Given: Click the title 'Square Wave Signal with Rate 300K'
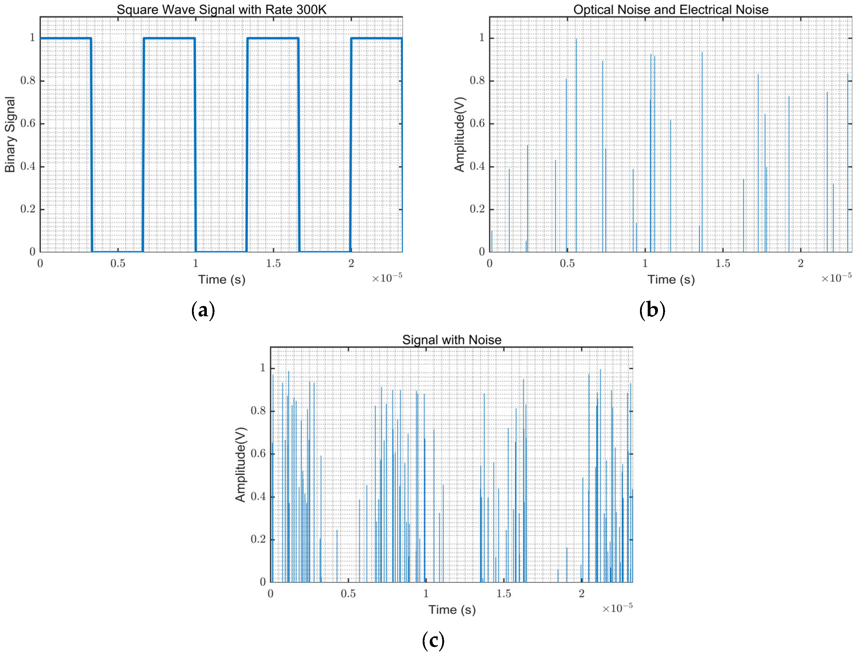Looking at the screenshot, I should pyautogui.click(x=221, y=9).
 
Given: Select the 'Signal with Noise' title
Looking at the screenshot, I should pyautogui.click(x=452, y=339).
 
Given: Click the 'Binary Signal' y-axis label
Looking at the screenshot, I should pyautogui.click(x=10, y=135).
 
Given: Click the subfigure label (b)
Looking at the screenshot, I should pyautogui.click(x=652, y=310).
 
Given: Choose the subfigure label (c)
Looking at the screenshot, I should pyautogui.click(x=433, y=640).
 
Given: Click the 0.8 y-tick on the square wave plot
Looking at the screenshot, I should pyautogui.click(x=28, y=81).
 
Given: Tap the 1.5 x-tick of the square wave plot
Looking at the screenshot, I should pyautogui.click(x=273, y=264).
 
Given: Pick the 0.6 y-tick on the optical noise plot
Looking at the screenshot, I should pyautogui.click(x=477, y=124).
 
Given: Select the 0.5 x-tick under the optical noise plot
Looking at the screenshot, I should pyautogui.click(x=567, y=264).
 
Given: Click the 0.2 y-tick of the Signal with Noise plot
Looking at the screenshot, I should pyautogui.click(x=258, y=539).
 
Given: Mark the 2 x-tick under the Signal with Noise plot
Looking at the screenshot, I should pyautogui.click(x=582, y=594).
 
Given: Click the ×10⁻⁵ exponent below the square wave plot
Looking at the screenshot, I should pyautogui.click(x=387, y=278).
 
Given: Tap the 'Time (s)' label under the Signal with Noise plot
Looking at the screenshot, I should pyautogui.click(x=452, y=610).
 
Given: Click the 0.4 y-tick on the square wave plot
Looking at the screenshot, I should pyautogui.click(x=28, y=167).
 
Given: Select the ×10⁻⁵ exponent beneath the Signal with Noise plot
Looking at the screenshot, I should pyautogui.click(x=617, y=608).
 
